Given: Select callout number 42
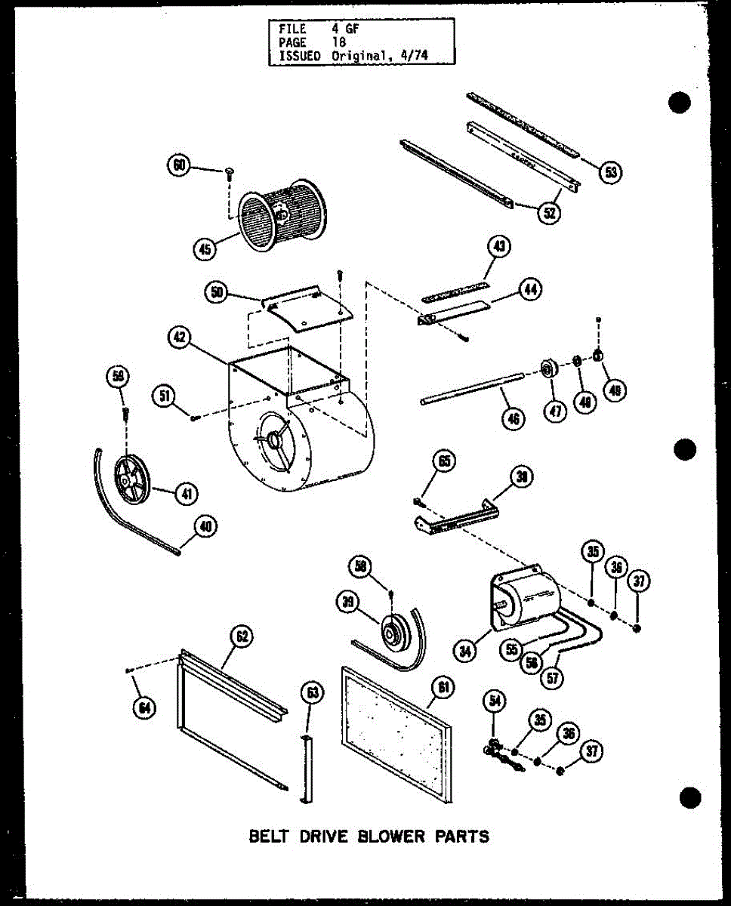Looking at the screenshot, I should click(x=182, y=339).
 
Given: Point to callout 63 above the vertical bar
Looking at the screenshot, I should click(x=311, y=691).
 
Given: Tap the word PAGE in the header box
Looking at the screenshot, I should click(x=291, y=43).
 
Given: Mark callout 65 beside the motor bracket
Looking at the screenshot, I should click(x=445, y=461).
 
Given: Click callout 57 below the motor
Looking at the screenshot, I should click(x=554, y=677).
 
